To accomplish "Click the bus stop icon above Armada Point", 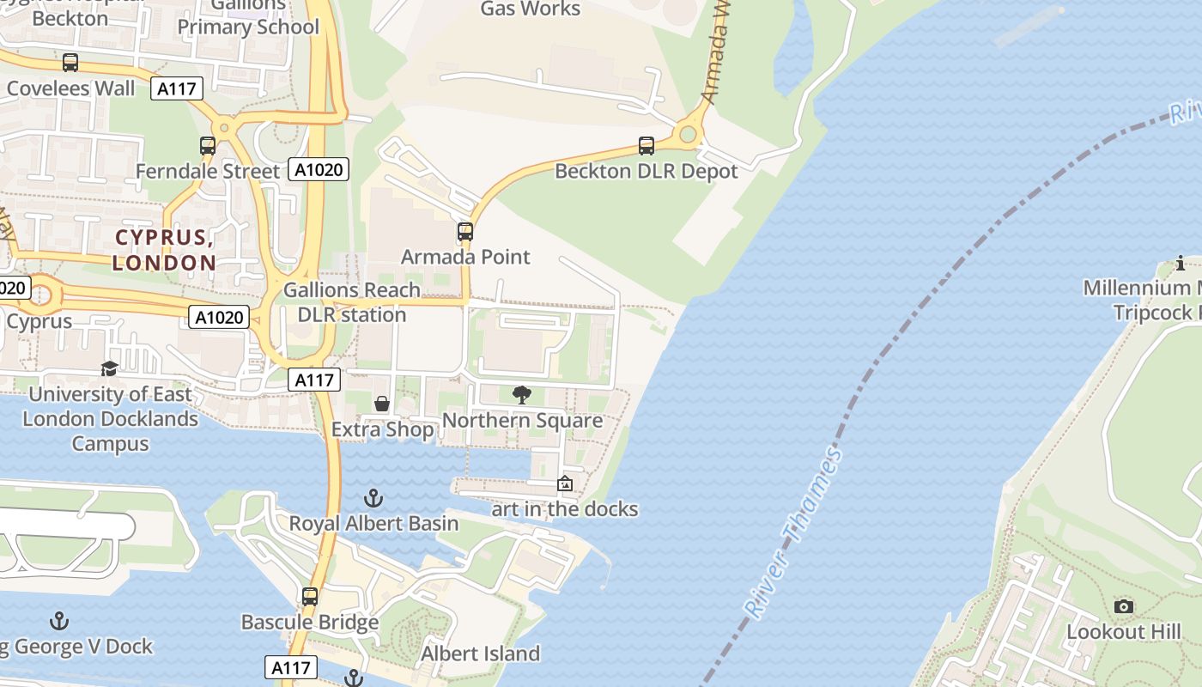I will (464, 232).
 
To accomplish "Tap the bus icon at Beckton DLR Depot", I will (646, 146).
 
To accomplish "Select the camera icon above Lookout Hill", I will (1123, 607).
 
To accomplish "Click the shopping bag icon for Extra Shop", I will (382, 404).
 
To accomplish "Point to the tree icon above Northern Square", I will (521, 395).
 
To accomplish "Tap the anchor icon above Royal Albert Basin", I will (373, 497).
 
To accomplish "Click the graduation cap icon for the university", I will (109, 369).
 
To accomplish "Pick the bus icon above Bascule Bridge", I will (309, 596).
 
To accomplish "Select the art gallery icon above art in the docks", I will (564, 483).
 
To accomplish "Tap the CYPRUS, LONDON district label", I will (164, 250).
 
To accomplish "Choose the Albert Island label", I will (480, 654).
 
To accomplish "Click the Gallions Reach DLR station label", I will (352, 302).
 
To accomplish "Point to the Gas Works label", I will (530, 9).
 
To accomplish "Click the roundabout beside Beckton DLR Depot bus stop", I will (687, 134).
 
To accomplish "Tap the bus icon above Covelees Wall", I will (70, 63).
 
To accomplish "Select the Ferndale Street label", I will (208, 171).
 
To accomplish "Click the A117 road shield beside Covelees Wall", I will (177, 88).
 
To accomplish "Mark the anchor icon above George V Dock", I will (59, 620).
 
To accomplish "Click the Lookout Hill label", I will (1124, 632).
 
